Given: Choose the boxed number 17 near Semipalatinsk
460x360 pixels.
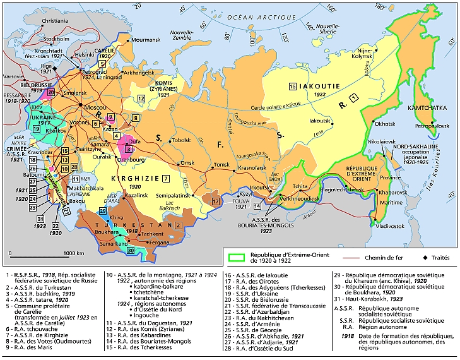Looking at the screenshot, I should (215, 201).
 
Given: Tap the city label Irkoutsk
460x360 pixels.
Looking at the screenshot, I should (261, 188).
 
